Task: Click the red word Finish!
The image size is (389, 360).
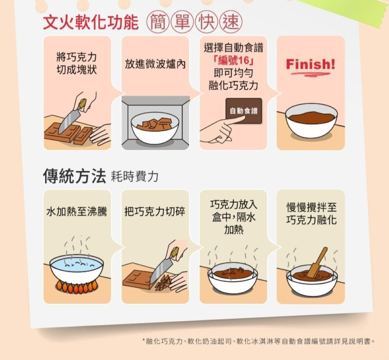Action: coord(310,65)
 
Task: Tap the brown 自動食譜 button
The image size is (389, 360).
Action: coord(244,111)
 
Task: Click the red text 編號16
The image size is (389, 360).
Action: coord(233,60)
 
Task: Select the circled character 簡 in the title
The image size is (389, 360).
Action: coord(158,22)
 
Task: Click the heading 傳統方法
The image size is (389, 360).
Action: coord(74,176)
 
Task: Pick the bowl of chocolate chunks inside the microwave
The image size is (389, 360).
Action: coord(155,128)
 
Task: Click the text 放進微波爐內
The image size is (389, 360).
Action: coord(155,64)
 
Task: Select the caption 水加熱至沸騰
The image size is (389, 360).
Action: coord(77,212)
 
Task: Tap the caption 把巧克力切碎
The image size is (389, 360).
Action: coord(154,211)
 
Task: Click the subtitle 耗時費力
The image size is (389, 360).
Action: coord(135,177)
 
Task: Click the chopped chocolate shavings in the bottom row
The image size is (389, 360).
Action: coord(163,282)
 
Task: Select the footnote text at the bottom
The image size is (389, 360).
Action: coord(258,341)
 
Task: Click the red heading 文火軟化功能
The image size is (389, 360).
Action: coord(91,22)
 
